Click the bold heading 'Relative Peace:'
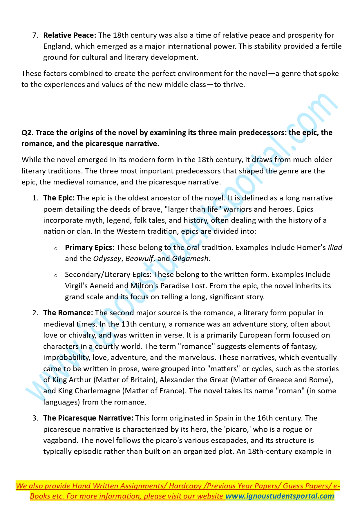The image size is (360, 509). tap(69, 35)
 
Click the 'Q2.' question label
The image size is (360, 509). tap(27, 133)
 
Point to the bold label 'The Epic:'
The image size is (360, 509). tap(59, 198)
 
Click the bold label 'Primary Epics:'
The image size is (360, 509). tap(90, 248)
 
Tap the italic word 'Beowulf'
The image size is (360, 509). tap(139, 259)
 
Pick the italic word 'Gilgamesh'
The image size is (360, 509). tap(190, 259)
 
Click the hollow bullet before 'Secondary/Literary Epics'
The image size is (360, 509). tap(56, 276)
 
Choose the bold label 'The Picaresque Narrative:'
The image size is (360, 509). tap(88, 418)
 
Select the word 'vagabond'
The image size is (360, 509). tap(61, 441)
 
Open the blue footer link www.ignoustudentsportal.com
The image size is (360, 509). tap(280, 496)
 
